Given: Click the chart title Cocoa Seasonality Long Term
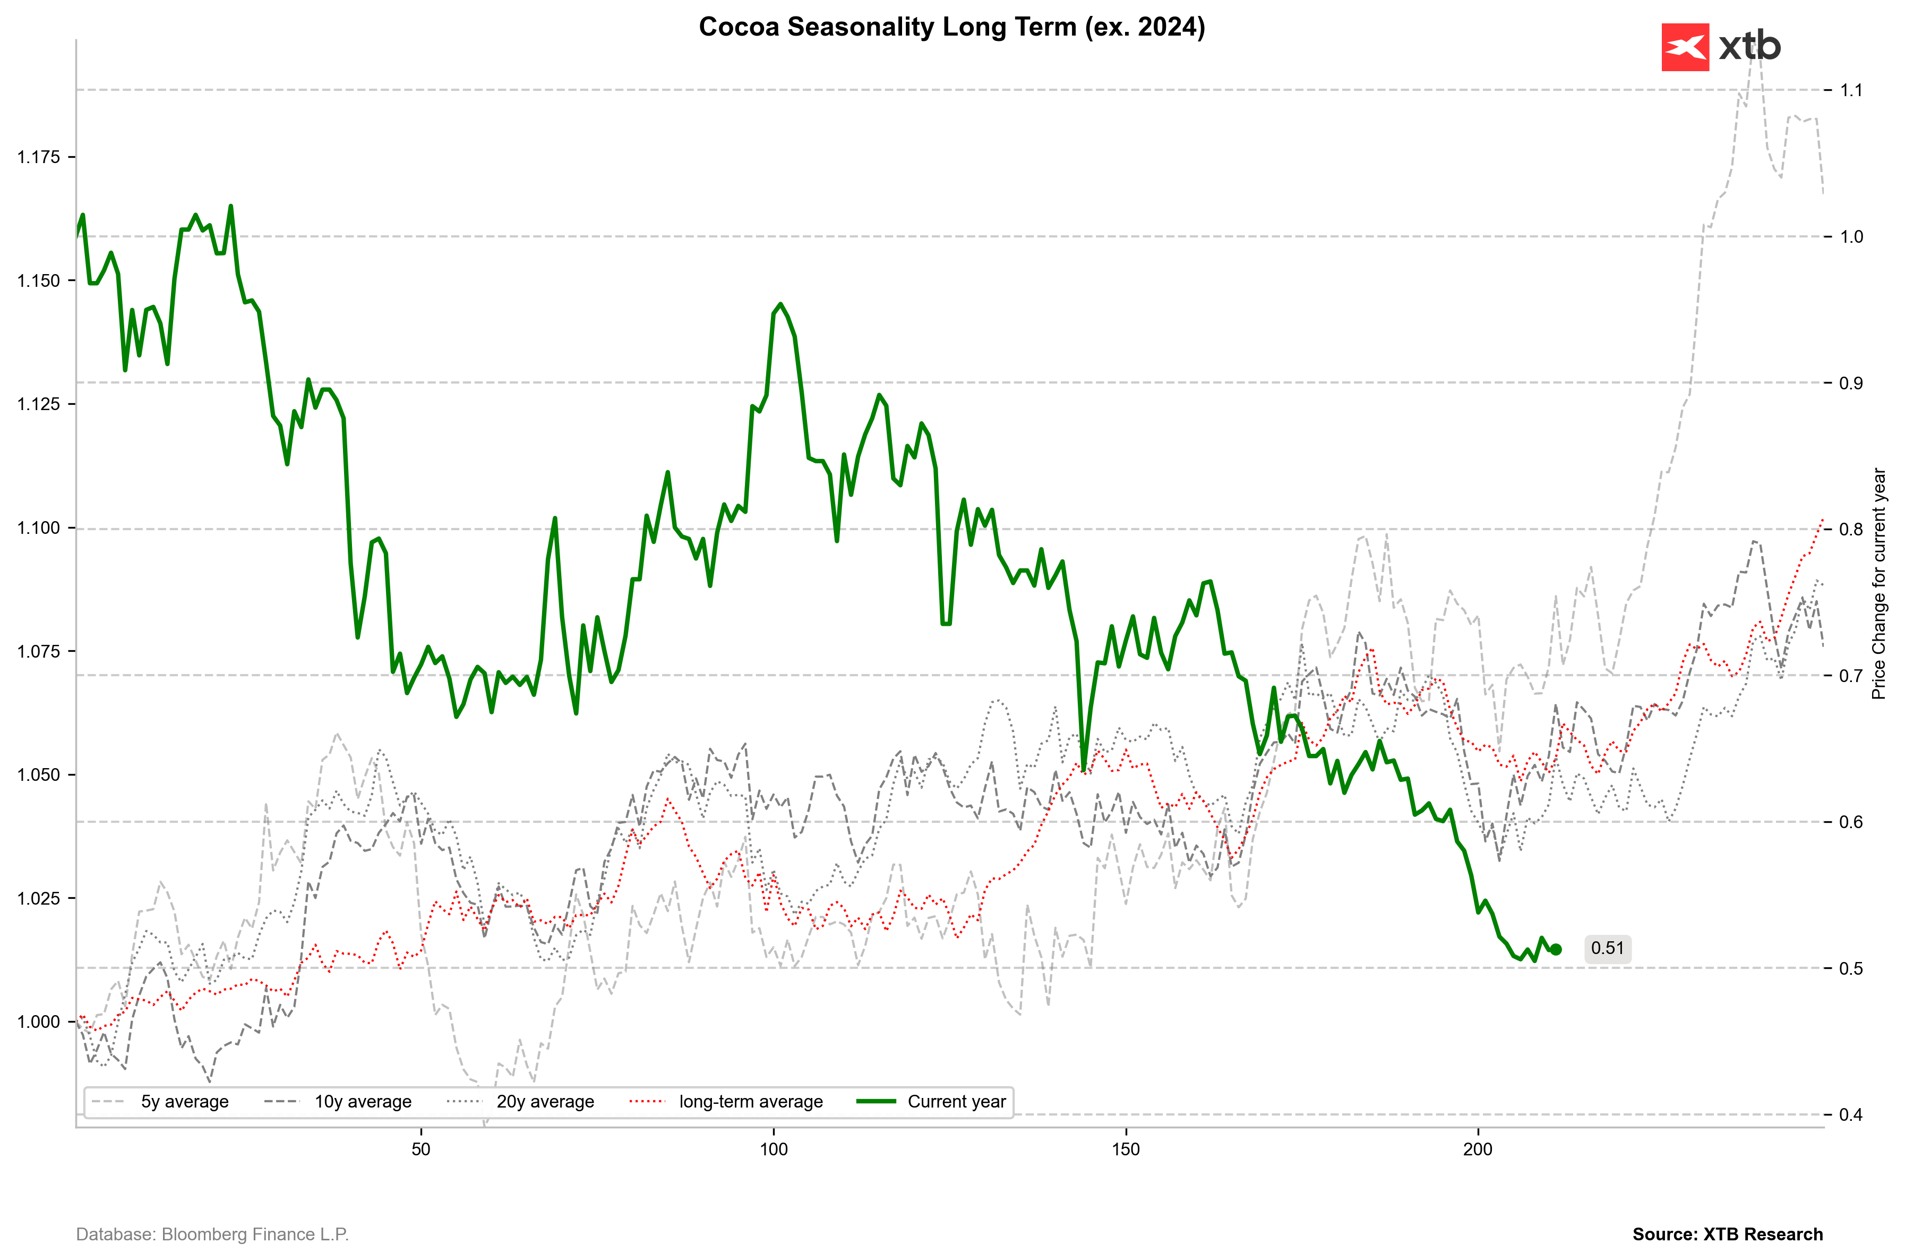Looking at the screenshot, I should pyautogui.click(x=951, y=27).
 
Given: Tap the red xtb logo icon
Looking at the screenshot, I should pyautogui.click(x=1685, y=47).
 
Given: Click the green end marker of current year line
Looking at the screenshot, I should pyautogui.click(x=1556, y=949).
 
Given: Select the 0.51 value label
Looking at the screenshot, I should pyautogui.click(x=1607, y=948).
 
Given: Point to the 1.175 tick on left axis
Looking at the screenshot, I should pyautogui.click(x=39, y=157).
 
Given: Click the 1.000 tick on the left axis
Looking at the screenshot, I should pyautogui.click(x=39, y=1021).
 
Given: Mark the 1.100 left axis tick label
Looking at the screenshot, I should pyautogui.click(x=39, y=528).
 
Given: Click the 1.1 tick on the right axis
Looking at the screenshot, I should pyautogui.click(x=1851, y=90).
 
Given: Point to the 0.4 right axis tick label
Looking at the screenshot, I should pyautogui.click(x=1851, y=1114).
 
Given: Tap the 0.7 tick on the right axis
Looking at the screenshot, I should pyautogui.click(x=1851, y=676).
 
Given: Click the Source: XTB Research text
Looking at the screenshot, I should pyautogui.click(x=1728, y=1235).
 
